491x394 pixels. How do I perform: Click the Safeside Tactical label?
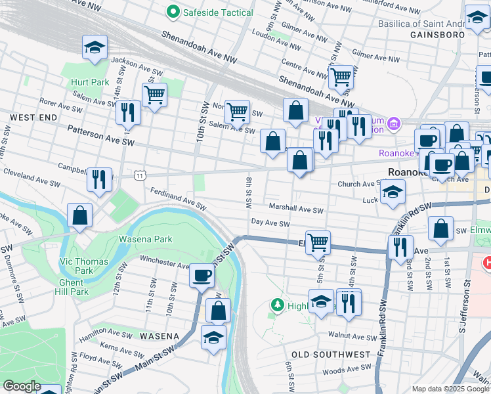coord(209,12)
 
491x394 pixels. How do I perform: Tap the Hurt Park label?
coord(90,82)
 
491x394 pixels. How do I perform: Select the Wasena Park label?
coord(145,239)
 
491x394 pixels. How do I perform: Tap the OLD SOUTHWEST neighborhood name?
coord(331,355)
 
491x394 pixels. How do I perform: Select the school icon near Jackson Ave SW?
coord(95,48)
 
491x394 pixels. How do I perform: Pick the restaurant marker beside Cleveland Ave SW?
coord(99,179)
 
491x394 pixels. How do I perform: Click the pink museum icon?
coord(393,123)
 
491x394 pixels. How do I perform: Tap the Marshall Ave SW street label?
coord(296,209)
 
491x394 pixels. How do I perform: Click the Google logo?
coord(22,386)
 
